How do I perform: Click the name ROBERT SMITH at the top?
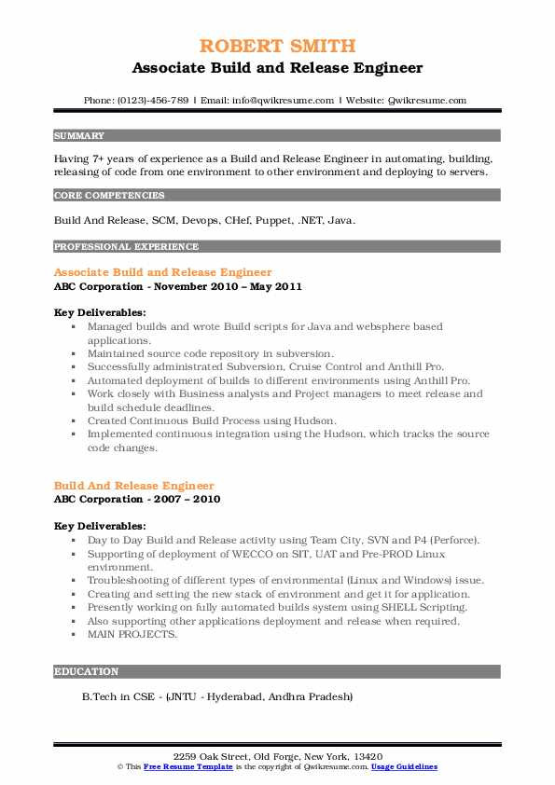[277, 46]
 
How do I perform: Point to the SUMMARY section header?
[79, 136]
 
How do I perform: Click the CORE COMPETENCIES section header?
[110, 196]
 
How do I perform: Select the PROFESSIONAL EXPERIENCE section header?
[126, 247]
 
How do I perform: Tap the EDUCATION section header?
[87, 671]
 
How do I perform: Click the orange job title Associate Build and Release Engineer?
[163, 272]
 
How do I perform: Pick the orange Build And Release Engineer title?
[134, 486]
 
